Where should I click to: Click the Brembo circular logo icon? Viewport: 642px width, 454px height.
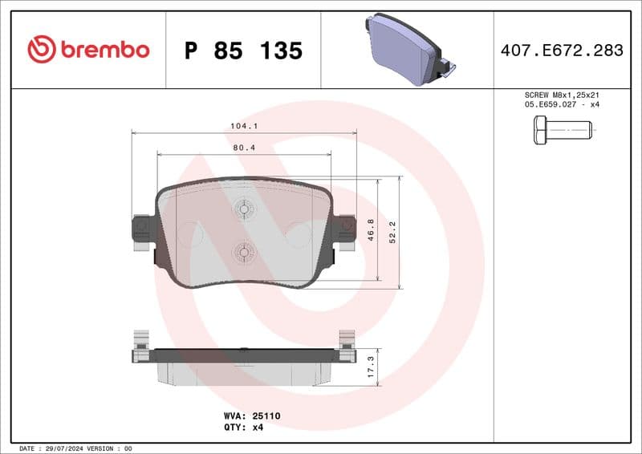pyautogui.click(x=42, y=50)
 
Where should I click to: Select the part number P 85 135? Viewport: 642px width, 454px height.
pyautogui.click(x=243, y=51)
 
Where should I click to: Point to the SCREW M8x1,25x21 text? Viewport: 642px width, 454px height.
pyautogui.click(x=561, y=95)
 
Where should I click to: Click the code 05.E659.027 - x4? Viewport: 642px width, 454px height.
pyautogui.click(x=561, y=105)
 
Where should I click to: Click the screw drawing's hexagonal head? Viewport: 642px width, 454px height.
pyautogui.click(x=539, y=129)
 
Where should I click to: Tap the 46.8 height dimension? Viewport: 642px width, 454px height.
pyautogui.click(x=371, y=229)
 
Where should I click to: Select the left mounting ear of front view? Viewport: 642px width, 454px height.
pyautogui.click(x=142, y=228)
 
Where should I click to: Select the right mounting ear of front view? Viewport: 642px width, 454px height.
pyautogui.click(x=345, y=227)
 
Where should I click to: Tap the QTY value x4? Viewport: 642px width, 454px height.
pyautogui.click(x=258, y=428)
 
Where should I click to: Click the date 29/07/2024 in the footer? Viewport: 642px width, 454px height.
pyautogui.click(x=62, y=448)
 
